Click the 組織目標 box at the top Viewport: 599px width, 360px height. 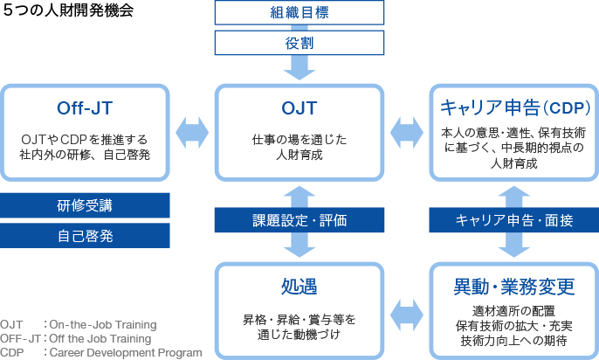299,12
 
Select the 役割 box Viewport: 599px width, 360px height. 299,42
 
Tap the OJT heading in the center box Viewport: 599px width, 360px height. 299,108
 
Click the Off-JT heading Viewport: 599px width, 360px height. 85,108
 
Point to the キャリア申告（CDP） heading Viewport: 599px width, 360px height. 515,108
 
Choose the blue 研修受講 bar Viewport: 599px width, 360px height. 85,205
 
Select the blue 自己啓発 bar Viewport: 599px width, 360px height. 85,235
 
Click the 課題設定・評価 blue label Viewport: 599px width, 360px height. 299,220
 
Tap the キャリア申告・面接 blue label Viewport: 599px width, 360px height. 515,220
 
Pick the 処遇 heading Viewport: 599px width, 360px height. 299,287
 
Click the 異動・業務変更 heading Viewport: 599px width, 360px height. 515,287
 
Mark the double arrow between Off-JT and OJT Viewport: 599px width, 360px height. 192,134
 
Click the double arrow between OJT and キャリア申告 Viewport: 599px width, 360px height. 407,134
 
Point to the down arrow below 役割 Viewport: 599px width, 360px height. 299,66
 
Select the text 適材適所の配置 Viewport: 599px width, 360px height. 515,310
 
